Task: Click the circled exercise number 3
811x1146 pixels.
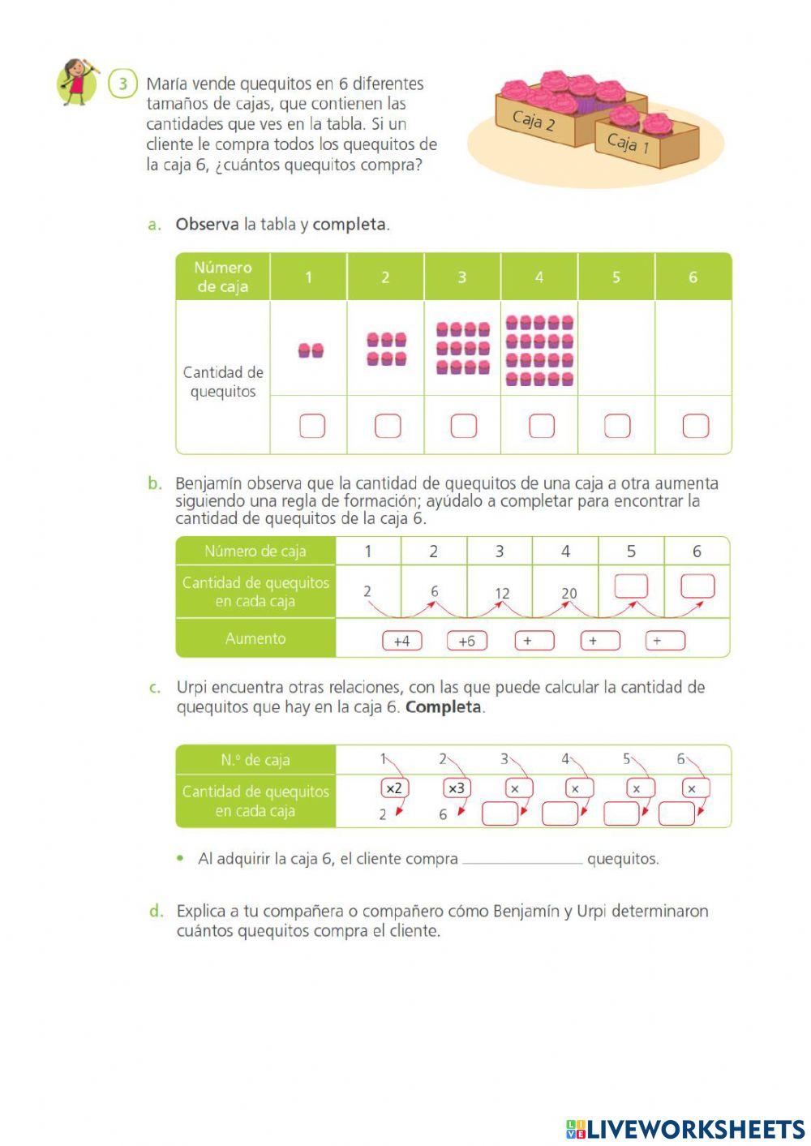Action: [x=122, y=84]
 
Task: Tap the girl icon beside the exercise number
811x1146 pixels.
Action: [x=77, y=81]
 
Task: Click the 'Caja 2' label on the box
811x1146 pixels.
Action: [x=533, y=122]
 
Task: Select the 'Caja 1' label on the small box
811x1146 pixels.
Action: [x=629, y=144]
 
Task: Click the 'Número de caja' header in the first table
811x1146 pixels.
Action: [x=223, y=277]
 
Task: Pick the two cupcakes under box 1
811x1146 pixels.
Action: [x=311, y=350]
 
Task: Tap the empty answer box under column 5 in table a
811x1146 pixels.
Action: [x=617, y=426]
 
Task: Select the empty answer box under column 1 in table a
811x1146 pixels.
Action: [x=312, y=426]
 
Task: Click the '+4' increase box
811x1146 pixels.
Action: [x=401, y=641]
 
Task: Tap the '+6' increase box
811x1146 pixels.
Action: [x=467, y=641]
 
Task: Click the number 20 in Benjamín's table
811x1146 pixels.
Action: [x=569, y=593]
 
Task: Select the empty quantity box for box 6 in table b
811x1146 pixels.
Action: [x=697, y=586]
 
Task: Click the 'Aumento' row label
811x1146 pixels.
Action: [x=255, y=638]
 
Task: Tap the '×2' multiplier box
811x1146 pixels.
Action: [x=394, y=788]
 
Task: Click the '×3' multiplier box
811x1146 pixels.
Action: [x=457, y=788]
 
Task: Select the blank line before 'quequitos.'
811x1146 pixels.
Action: [x=521, y=860]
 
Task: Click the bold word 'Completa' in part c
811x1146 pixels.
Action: [x=444, y=706]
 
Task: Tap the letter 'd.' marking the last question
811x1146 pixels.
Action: [x=157, y=911]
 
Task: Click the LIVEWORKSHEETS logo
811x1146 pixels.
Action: [x=685, y=1128]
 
